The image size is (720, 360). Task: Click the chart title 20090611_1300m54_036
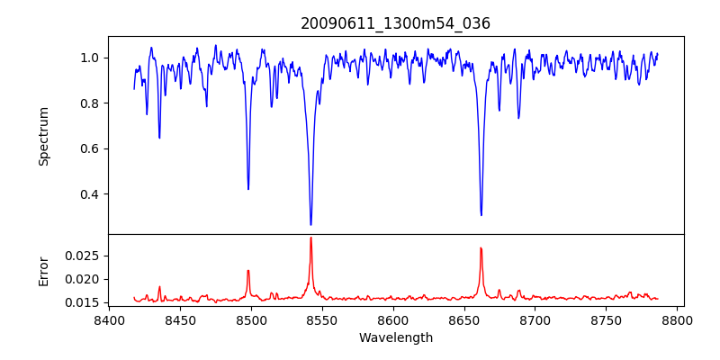pyautogui.click(x=395, y=23)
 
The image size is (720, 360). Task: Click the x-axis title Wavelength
pyautogui.click(x=395, y=337)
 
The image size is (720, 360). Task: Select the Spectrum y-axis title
pyautogui.click(x=43, y=136)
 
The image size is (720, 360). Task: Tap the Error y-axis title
pyautogui.click(x=43, y=270)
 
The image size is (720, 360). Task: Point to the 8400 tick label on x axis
pyautogui.click(x=109, y=319)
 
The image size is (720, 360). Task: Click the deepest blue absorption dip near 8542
pyautogui.click(x=310, y=224)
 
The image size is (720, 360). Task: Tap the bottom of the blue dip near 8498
pyautogui.click(x=248, y=189)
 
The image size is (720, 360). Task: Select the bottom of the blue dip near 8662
pyautogui.click(x=481, y=215)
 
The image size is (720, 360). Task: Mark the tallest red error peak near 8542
pyautogui.click(x=310, y=238)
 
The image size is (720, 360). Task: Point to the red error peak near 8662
pyautogui.click(x=481, y=247)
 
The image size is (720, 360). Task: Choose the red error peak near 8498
pyautogui.click(x=248, y=270)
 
